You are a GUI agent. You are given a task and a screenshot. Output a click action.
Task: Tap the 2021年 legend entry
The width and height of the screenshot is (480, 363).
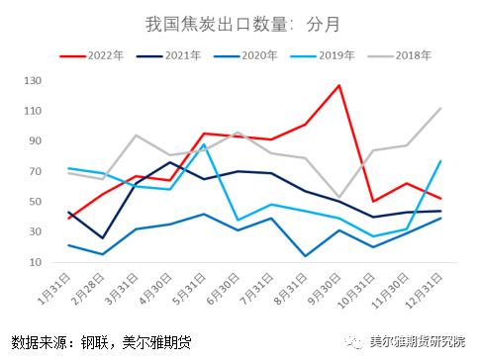pos(183,56)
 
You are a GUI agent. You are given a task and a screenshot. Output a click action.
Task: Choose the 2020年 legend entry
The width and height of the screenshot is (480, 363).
pos(267,56)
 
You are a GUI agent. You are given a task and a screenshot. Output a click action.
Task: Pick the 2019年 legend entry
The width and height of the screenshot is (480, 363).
pos(351,56)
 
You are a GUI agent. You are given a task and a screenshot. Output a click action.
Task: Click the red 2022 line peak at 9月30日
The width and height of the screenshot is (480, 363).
pos(339,85)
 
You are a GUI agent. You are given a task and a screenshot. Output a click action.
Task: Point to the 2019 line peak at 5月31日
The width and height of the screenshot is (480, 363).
pos(204,144)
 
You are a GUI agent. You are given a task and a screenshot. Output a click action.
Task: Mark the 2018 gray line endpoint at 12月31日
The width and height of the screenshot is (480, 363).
pos(440,109)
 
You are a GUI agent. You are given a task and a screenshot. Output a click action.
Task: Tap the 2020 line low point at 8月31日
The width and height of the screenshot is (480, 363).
pos(306,256)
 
